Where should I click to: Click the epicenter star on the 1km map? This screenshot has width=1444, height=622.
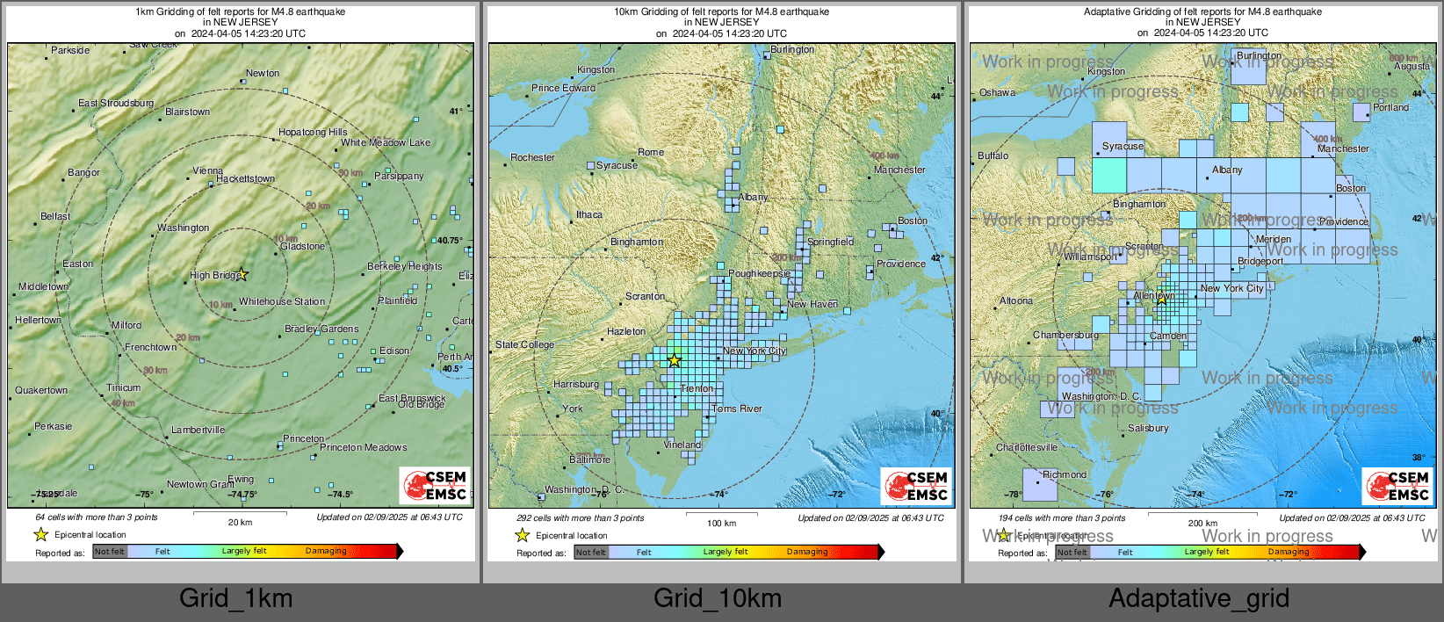coord(242,274)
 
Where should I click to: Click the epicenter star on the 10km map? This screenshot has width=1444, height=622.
coord(674,360)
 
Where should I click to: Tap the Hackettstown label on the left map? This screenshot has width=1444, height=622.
coord(245,178)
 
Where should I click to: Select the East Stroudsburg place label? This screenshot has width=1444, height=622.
coord(116,103)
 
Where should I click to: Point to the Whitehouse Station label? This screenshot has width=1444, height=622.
coord(282,301)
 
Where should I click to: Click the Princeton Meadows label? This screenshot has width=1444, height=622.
coord(363,447)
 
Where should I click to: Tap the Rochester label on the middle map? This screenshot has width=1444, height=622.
coord(532,157)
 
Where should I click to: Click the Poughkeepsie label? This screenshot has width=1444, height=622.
coord(759,273)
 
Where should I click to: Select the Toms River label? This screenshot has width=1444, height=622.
coord(736,409)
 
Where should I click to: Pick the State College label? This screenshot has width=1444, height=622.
coord(524,344)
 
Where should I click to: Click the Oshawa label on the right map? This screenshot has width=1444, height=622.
coord(997,92)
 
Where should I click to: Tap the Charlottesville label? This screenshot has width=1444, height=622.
coord(1026,447)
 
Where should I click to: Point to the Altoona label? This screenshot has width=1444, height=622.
coord(1015,300)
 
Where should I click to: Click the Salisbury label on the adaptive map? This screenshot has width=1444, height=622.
coord(1148,428)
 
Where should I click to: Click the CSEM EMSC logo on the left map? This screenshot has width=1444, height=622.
coord(436,485)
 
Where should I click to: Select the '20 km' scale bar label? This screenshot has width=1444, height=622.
coord(240,522)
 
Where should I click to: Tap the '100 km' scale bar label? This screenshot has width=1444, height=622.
coord(721,523)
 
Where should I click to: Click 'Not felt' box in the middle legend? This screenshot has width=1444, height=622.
coord(590,553)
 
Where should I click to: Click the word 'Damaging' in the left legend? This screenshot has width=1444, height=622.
coord(326,551)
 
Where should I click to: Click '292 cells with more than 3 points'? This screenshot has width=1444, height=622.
coord(580,517)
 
